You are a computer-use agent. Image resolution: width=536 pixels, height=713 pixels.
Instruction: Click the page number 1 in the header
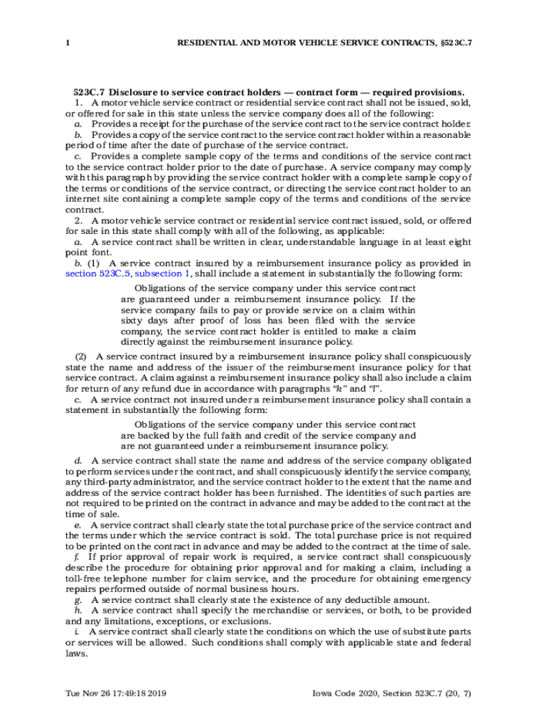click(x=68, y=43)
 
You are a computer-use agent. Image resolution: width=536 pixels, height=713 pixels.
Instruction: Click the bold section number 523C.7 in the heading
click(x=88, y=92)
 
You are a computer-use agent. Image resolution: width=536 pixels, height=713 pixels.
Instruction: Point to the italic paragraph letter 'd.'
click(x=78, y=461)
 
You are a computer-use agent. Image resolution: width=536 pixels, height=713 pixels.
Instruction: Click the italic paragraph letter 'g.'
click(x=78, y=600)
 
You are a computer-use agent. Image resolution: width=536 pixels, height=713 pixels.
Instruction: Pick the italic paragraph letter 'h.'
click(x=78, y=611)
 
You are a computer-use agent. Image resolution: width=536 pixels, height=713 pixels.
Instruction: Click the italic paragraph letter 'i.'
click(x=77, y=632)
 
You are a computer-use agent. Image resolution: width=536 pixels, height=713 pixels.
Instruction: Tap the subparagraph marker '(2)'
click(x=81, y=356)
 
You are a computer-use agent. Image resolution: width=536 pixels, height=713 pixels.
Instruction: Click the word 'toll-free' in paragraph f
click(x=85, y=579)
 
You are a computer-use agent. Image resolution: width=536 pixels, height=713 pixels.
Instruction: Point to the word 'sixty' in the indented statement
click(x=132, y=320)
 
